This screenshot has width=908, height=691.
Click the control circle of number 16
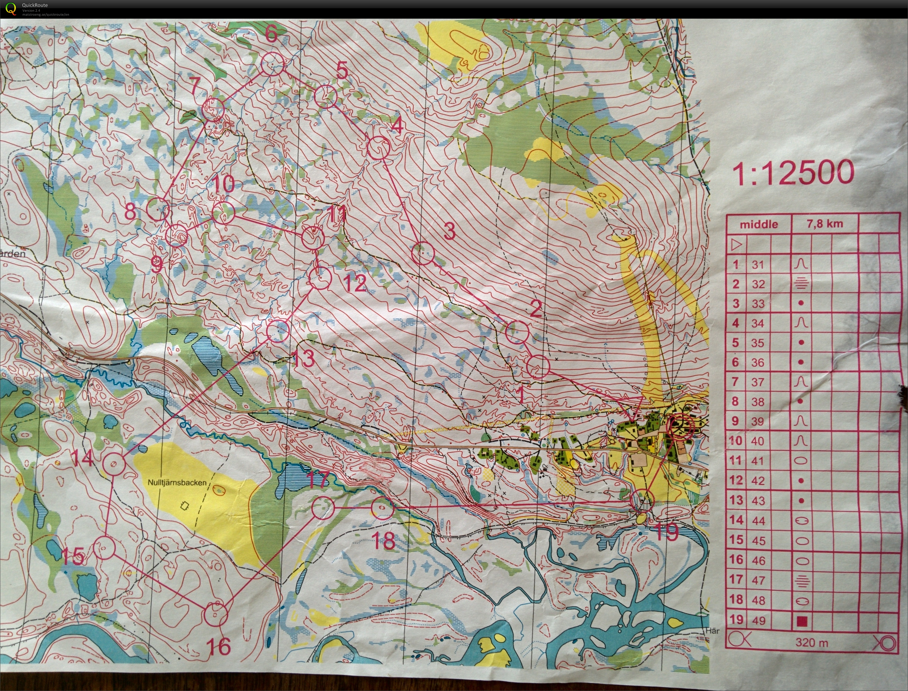(216, 614)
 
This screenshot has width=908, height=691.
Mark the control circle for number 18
(383, 508)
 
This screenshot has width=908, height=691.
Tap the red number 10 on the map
(224, 184)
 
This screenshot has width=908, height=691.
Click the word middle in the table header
(759, 224)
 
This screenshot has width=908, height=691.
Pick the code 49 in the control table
(758, 620)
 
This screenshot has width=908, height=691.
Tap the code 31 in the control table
(758, 264)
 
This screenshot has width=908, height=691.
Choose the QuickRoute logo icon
(11, 9)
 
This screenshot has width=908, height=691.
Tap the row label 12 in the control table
(736, 480)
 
